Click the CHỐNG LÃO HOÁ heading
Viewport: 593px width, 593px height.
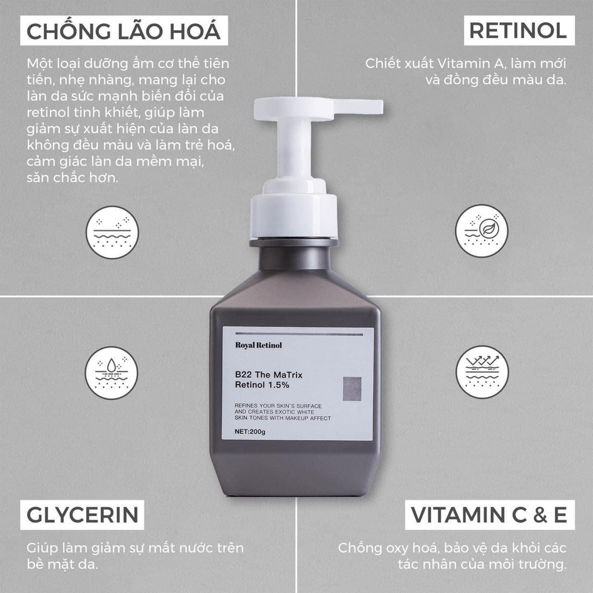pos(123,31)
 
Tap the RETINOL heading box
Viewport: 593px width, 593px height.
pos(518,31)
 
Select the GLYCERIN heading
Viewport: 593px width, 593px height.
pos(82,515)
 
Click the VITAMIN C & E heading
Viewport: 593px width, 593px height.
pos(489,515)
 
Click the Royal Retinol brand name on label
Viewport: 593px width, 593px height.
pos(259,346)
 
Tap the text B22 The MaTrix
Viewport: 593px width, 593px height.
pos(269,375)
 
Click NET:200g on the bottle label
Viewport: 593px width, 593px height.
pos(250,431)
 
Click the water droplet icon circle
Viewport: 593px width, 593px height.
pos(112,372)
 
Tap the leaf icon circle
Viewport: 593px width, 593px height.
pos(481,230)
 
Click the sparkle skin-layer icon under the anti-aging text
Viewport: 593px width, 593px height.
pos(112,232)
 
